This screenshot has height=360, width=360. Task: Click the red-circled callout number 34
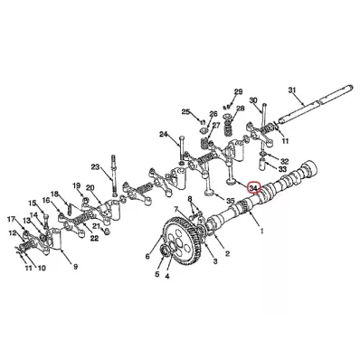click(x=253, y=188)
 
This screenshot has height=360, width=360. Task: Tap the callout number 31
click(x=292, y=90)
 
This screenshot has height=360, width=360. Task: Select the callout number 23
click(x=95, y=166)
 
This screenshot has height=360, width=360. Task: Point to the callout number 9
click(x=75, y=267)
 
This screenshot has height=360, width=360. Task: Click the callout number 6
click(x=147, y=256)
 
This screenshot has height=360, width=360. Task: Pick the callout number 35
click(x=231, y=201)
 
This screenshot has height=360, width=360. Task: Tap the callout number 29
click(x=239, y=91)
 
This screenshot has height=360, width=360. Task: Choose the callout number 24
click(x=163, y=134)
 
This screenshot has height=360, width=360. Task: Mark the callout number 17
click(x=11, y=219)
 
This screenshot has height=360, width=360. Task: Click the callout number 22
click(x=94, y=238)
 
